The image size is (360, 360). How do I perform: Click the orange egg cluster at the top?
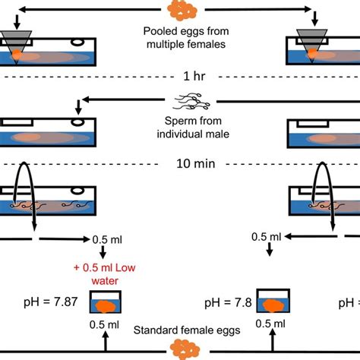(x=181, y=10)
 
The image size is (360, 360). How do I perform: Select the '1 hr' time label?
(x=181, y=77)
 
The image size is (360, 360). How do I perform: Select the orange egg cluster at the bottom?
(x=181, y=350)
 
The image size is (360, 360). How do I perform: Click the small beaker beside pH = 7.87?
(x=106, y=302)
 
